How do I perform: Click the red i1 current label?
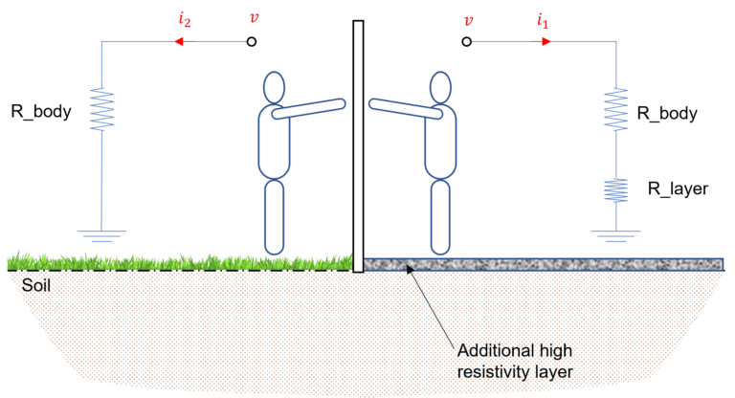(x=543, y=22)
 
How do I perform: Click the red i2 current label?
(x=185, y=21)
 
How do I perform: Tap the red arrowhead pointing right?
(x=546, y=42)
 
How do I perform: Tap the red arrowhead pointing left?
(x=179, y=42)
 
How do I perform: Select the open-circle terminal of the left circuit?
(x=252, y=42)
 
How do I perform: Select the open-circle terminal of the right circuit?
(x=466, y=42)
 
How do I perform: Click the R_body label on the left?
(x=41, y=112)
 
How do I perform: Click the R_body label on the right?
(x=667, y=114)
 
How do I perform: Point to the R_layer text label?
(x=678, y=188)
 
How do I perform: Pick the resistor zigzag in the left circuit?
(x=102, y=109)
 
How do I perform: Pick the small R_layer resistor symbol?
(x=616, y=190)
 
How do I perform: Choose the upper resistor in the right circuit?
(x=616, y=109)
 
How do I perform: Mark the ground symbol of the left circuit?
(x=101, y=236)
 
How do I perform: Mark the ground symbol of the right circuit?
(x=616, y=236)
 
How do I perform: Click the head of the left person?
(x=275, y=88)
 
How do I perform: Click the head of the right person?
(x=440, y=88)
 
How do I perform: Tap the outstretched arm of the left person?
(x=309, y=108)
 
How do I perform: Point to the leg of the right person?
(x=440, y=217)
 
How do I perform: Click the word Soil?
(x=36, y=285)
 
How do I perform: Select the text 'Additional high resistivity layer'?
(x=515, y=361)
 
